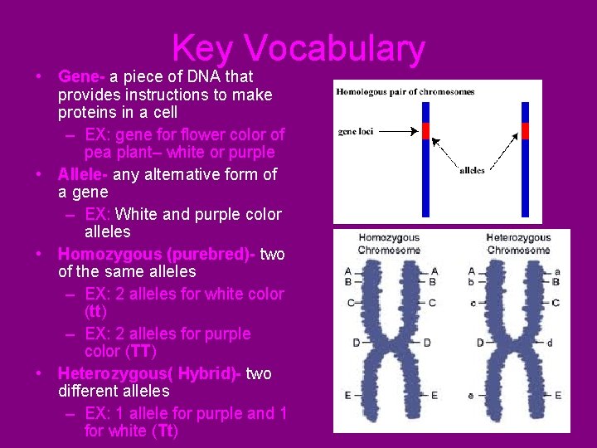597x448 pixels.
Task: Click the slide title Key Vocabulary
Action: point(298,49)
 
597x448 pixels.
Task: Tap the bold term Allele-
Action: point(83,174)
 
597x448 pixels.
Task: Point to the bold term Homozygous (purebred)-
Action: point(157,254)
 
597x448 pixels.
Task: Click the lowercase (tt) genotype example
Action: point(95,312)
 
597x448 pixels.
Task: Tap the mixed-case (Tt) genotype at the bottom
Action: point(164,431)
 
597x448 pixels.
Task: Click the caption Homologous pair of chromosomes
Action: point(405,91)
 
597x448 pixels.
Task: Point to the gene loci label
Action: point(360,131)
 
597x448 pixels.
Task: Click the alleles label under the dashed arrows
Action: point(472,171)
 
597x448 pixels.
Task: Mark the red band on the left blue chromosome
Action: point(426,131)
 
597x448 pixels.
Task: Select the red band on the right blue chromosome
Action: point(525,131)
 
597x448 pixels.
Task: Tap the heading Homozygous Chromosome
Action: point(389,244)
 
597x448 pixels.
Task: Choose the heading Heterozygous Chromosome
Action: point(518,244)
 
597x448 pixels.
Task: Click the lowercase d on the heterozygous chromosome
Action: point(550,343)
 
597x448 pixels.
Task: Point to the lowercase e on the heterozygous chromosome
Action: point(471,396)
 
